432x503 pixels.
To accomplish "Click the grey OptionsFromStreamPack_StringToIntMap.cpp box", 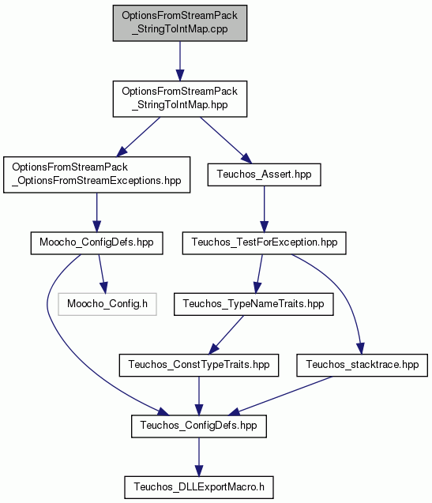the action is click(180, 23).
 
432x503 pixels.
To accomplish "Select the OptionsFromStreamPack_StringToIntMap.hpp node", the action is click(180, 99).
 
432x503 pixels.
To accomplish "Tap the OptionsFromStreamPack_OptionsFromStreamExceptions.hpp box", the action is click(96, 175).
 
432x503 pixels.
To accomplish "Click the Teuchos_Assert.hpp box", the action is click(264, 175).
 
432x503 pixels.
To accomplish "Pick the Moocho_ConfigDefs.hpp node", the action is click(96, 243).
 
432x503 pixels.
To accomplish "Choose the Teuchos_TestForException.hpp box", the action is click(264, 243).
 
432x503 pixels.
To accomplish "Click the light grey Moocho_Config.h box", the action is click(107, 304).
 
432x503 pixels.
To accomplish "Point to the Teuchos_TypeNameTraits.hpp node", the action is click(254, 304).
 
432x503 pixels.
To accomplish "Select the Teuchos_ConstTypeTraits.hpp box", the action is click(199, 365).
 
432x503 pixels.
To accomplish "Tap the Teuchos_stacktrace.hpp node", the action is click(362, 365).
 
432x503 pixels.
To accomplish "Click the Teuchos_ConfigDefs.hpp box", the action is click(199, 426).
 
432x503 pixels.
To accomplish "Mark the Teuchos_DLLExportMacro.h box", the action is click(199, 487).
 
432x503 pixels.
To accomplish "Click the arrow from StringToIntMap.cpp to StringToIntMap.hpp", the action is click(180, 61).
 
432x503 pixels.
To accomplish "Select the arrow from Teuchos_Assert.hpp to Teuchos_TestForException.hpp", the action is click(264, 208).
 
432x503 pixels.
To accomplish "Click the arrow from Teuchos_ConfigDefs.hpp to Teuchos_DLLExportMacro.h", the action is click(199, 456).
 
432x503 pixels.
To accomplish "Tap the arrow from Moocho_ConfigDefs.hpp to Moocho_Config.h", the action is click(103, 274).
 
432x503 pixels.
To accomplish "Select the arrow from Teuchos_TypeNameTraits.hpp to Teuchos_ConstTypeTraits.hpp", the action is click(226, 335).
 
